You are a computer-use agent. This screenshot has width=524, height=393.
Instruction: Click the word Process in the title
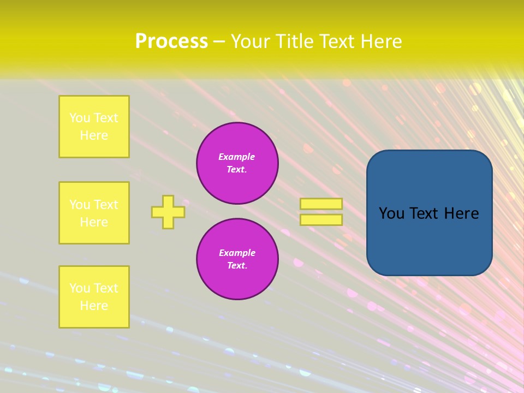point(171,41)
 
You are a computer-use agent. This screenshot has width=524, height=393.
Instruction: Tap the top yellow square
point(94,127)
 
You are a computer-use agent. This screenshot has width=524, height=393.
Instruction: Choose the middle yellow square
point(94,213)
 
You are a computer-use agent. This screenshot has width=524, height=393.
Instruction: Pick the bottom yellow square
point(94,297)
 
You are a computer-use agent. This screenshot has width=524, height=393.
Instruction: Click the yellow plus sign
point(168,212)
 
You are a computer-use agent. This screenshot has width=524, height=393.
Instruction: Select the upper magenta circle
point(237,163)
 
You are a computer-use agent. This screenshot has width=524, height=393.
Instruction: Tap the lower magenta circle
point(237,259)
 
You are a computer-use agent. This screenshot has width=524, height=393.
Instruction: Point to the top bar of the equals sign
point(321,204)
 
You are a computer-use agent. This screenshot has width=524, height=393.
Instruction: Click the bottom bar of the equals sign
point(321,219)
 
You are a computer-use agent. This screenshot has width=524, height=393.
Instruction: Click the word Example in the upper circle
point(237,157)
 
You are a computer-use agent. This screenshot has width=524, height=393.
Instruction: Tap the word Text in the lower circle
point(236,266)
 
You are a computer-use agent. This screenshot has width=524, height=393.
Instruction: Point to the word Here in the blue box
point(461,213)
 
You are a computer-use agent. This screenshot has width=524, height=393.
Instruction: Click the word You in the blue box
point(391,213)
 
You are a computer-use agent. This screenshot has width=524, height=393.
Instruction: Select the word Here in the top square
point(94,135)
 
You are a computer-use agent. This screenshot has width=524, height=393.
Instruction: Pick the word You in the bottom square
point(80,288)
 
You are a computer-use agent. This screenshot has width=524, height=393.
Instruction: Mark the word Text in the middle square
point(106,205)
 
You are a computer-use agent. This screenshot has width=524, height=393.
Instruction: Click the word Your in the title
point(252,41)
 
